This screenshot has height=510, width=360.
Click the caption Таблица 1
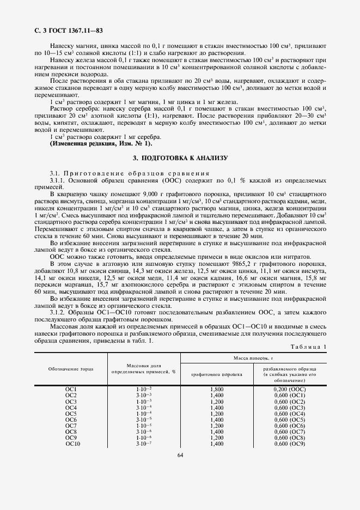309,347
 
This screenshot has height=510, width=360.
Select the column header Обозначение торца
71,368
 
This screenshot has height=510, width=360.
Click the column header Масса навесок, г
253,357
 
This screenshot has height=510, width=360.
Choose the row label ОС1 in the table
71,389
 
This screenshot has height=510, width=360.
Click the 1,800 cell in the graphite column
217,389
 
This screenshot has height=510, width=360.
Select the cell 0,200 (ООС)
289,389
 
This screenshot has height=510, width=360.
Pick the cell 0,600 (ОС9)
289,444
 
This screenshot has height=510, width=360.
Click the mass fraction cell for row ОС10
144,444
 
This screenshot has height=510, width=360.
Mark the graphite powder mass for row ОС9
217,438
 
